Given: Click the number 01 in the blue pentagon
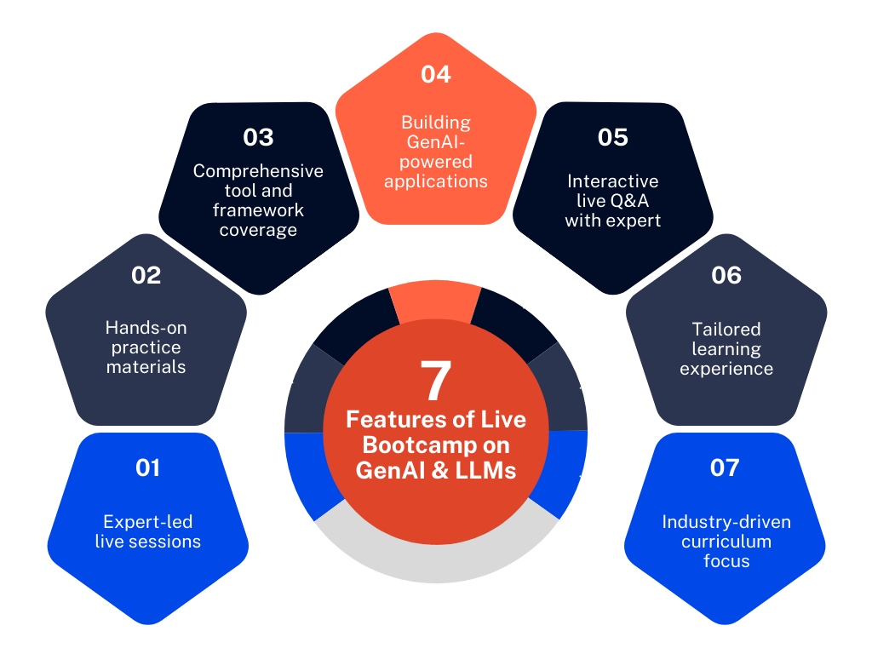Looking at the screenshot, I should (x=147, y=468).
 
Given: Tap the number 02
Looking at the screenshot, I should (x=146, y=275).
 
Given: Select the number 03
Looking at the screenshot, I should (x=258, y=137).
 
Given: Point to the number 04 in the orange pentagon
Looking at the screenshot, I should (x=435, y=74).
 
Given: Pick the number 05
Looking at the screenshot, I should (x=612, y=137).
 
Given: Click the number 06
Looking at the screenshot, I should (x=726, y=275).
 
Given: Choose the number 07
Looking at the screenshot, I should (x=725, y=468).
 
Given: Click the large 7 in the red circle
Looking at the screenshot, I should (x=435, y=381).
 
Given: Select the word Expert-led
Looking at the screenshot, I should (x=148, y=522).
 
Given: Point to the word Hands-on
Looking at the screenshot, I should (x=146, y=328).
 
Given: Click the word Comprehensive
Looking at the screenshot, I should (x=258, y=171).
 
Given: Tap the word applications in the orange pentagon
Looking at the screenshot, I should (x=435, y=181).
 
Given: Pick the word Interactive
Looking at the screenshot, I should (x=613, y=181).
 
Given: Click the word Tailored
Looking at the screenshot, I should (x=726, y=329).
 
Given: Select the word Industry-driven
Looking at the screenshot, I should (x=726, y=522).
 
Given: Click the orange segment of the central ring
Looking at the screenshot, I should (x=435, y=301).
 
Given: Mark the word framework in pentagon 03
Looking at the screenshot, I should (x=258, y=210).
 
